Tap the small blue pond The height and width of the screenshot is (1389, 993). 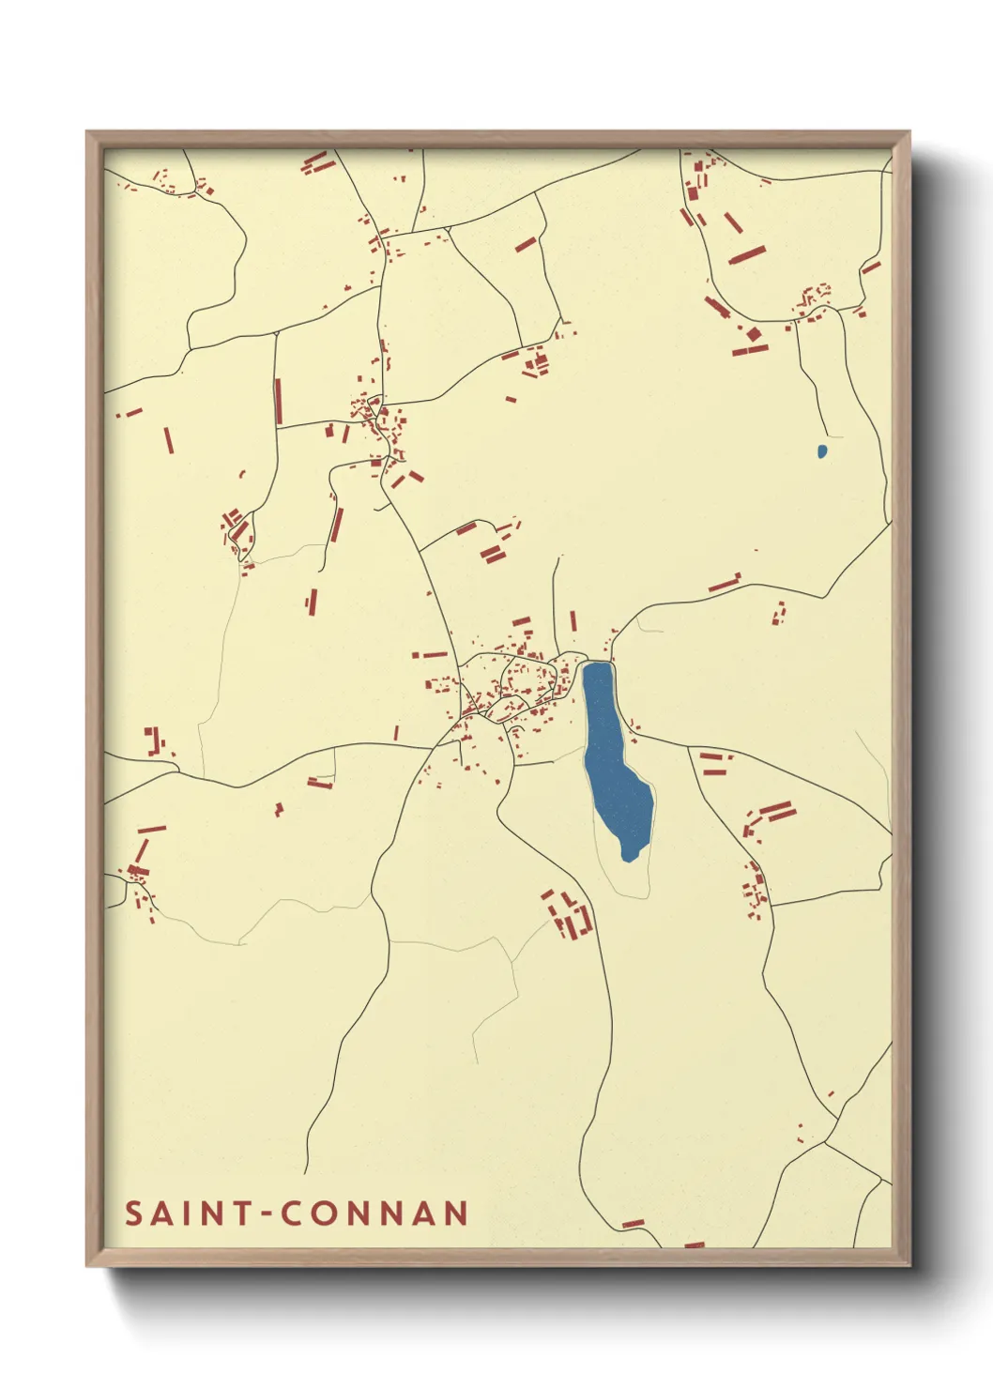pos(822,451)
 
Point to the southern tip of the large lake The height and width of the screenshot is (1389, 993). pos(629,857)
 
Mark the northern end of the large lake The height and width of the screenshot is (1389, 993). pos(597,665)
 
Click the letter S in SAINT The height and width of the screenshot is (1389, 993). pos(134,1213)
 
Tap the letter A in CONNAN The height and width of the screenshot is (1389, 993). pos(423,1213)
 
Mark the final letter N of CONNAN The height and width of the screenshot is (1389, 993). pos(456,1213)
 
